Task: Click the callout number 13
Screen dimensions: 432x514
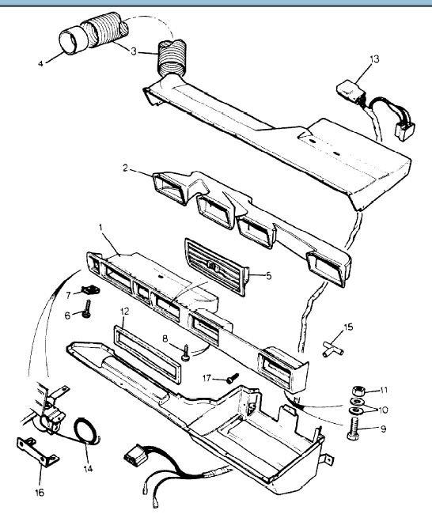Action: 374,59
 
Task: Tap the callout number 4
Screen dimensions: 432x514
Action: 40,63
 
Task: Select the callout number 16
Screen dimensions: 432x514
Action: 40,493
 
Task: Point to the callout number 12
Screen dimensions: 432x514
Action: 125,312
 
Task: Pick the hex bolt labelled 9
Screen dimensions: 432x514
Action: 354,429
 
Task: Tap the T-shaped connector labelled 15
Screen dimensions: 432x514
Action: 332,349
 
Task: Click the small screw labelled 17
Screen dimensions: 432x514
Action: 233,378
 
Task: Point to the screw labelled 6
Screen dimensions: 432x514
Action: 87,308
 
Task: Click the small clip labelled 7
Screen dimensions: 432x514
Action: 90,289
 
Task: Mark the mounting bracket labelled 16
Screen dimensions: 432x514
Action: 37,451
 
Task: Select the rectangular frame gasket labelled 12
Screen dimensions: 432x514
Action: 146,354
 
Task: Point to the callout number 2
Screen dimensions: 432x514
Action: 125,168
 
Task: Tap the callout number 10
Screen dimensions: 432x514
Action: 383,410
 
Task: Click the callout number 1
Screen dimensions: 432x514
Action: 100,227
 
